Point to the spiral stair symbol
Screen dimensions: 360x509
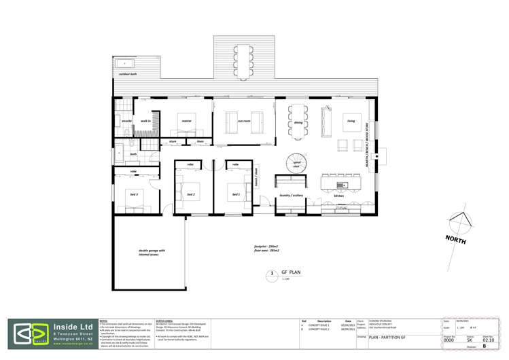click(296, 164)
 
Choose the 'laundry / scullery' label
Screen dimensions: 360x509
click(293, 196)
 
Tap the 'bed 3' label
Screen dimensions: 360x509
click(134, 195)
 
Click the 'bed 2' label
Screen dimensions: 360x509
click(192, 195)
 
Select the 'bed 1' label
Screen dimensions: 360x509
click(236, 195)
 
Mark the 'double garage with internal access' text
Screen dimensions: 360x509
click(148, 253)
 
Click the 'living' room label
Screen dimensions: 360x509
click(351, 123)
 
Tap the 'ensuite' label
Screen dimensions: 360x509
click(126, 120)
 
